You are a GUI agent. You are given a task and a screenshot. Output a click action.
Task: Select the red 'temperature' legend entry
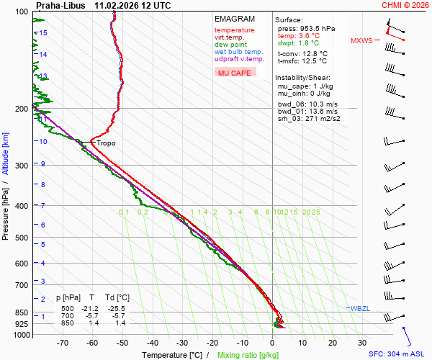234,30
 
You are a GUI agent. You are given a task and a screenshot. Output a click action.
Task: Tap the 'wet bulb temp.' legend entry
238,52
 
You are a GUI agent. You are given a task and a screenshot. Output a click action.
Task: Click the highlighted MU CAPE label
234,73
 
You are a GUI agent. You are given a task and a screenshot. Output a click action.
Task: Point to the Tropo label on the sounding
106,143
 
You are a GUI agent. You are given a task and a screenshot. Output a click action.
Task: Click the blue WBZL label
359,308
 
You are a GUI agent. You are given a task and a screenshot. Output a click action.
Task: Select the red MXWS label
361,41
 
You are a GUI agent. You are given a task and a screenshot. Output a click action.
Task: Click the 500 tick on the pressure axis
22,238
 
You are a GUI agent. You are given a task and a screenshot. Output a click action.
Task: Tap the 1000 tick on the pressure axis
21,336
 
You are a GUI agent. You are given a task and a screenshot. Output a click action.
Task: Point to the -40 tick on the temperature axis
153,343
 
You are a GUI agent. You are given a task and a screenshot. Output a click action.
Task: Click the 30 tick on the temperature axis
362,343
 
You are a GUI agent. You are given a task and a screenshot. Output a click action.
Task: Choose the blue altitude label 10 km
43,142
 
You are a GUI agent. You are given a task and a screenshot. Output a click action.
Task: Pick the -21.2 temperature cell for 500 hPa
93,308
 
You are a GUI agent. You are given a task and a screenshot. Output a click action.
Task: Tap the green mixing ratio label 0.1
124,212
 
